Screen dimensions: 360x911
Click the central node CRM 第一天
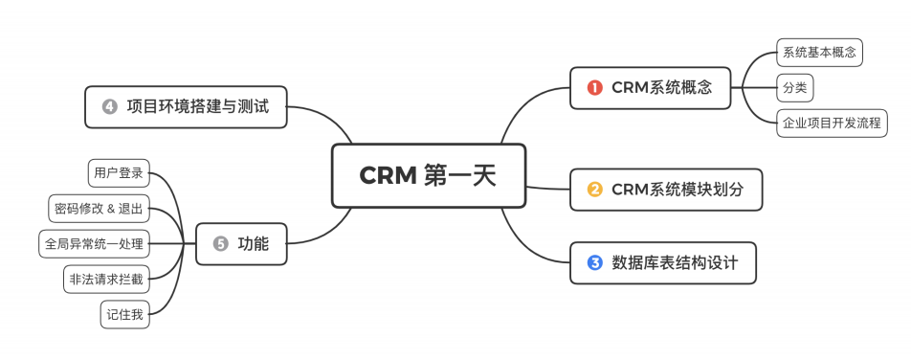pyautogui.click(x=429, y=175)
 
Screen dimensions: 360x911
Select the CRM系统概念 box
pyautogui.click(x=651, y=87)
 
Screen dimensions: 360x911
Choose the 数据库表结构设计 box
pyautogui.click(x=662, y=262)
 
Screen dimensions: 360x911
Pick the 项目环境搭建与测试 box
pyautogui.click(x=187, y=106)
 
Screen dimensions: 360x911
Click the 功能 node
pyautogui.click(x=241, y=244)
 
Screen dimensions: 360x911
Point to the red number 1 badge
pyautogui.click(x=594, y=87)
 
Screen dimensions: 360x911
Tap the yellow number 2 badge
pyautogui.click(x=594, y=189)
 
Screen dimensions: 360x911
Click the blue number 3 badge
pyautogui.click(x=594, y=262)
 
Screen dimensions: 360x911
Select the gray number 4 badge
pyautogui.click(x=109, y=106)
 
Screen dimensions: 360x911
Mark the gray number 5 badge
pyautogui.click(x=220, y=244)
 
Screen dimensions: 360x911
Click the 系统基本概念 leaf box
pyautogui.click(x=818, y=53)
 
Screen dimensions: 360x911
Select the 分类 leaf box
pyautogui.click(x=794, y=88)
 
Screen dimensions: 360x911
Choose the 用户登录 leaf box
pyautogui.click(x=118, y=173)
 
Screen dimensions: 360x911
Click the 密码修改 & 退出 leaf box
pyautogui.click(x=99, y=209)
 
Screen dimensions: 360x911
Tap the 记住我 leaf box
pyautogui.click(x=125, y=315)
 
